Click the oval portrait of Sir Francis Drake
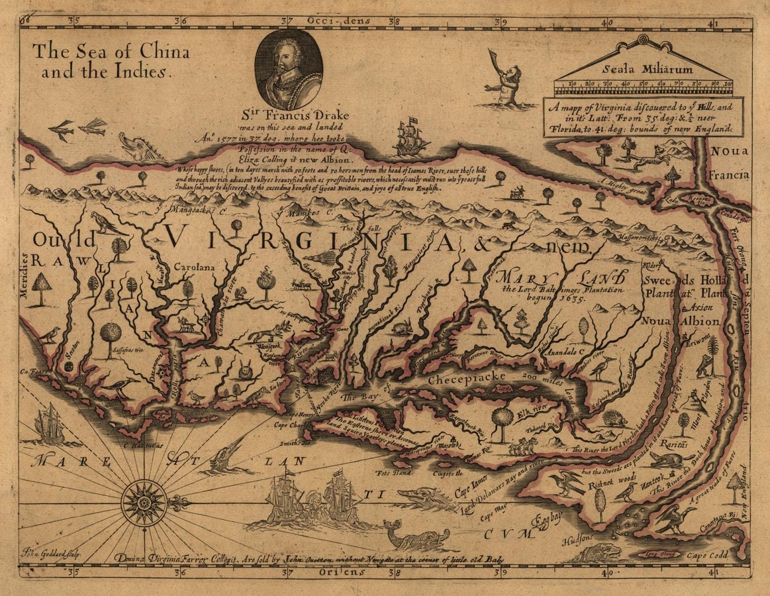289,69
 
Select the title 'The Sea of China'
111,52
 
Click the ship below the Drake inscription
411,137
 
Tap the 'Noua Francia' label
730,163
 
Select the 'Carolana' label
195,268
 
